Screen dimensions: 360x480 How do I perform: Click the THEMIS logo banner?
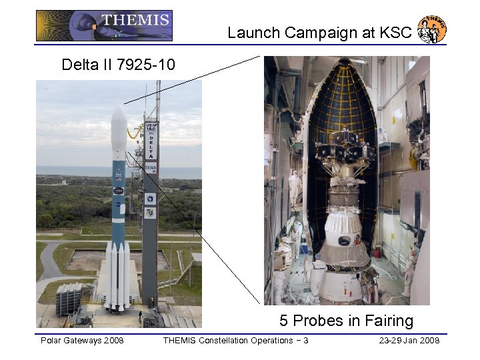tap(104, 25)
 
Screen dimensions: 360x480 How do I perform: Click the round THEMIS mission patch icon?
tap(431, 29)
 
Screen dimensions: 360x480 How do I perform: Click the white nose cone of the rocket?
tap(118, 123)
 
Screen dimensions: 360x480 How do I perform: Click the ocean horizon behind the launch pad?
tap(67, 171)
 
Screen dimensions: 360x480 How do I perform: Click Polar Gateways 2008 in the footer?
tap(82, 341)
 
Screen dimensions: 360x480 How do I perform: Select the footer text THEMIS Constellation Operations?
tap(229, 341)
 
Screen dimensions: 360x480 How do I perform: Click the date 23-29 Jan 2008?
tap(409, 341)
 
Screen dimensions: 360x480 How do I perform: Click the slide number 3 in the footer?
tap(305, 341)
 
